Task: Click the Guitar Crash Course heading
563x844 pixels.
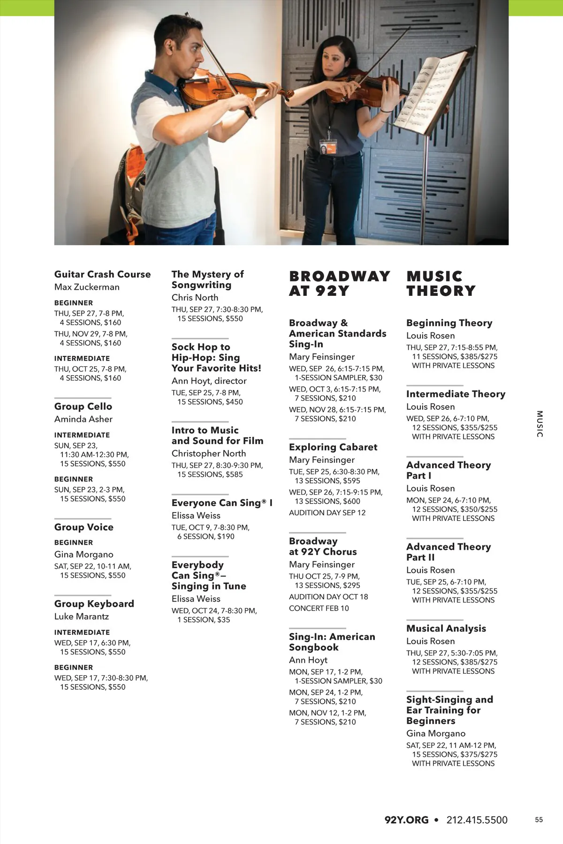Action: (102, 274)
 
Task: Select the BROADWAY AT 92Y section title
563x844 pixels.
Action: (339, 283)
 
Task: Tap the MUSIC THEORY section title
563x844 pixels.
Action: (441, 283)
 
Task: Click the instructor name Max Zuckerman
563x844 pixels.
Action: (87, 287)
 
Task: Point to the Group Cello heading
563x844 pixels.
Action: (83, 407)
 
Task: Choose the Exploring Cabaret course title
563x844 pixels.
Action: (333, 447)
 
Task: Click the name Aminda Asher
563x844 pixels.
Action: (83, 419)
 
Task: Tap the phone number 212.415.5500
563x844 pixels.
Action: (477, 820)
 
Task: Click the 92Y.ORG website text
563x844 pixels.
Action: (406, 820)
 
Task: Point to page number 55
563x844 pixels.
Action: (539, 820)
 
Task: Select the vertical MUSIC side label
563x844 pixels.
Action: (540, 424)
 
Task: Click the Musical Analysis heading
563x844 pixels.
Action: (446, 629)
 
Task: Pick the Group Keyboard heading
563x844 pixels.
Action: (94, 604)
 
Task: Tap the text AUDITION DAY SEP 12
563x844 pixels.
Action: (327, 513)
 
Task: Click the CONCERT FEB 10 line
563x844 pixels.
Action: (319, 609)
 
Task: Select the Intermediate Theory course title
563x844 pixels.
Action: (456, 394)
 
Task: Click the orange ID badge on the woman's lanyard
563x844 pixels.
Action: (328, 147)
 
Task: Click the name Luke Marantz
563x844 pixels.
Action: (81, 617)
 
